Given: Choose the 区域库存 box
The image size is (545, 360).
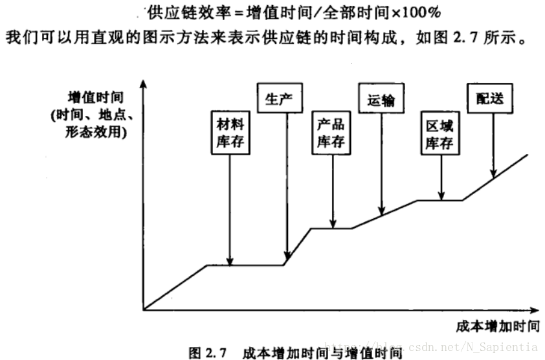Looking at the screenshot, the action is [x=438, y=134].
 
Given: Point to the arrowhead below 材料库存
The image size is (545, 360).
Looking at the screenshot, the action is [x=230, y=260].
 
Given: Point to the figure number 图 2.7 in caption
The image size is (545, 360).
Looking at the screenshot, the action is [x=206, y=353].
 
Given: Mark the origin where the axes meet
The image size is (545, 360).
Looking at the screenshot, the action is [x=144, y=309].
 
